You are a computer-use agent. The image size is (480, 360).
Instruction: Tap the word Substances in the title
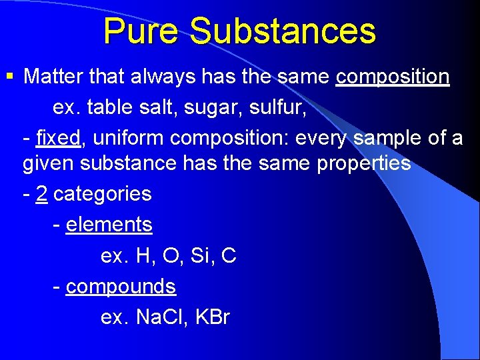pos(282,31)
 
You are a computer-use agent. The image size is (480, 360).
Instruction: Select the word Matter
pos(55,77)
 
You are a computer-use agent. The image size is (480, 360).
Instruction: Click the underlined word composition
pos(393,77)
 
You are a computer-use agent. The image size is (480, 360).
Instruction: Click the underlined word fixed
pos(59,138)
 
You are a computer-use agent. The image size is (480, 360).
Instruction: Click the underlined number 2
pos(41,194)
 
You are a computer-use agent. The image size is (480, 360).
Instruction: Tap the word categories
pos(103,194)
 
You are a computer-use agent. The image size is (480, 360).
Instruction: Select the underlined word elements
pos(109,225)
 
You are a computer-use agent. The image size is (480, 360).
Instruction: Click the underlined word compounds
pos(121,287)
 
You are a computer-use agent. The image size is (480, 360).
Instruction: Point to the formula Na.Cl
pos(162,317)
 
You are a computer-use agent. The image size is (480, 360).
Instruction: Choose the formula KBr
pos(213,317)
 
